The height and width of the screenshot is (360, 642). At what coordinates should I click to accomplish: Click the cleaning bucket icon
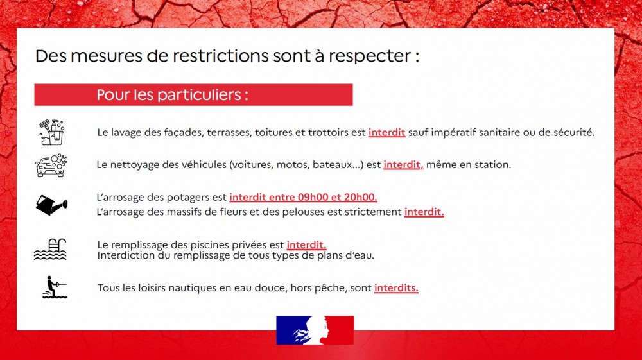pyautogui.click(x=51, y=132)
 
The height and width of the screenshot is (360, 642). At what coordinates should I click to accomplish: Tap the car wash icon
pyautogui.click(x=51, y=166)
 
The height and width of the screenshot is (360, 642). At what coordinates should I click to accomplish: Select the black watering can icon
pyautogui.click(x=51, y=205)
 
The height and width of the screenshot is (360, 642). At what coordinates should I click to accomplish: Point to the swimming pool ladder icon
pyautogui.click(x=50, y=249)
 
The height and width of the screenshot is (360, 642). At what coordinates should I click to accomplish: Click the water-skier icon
pyautogui.click(x=55, y=287)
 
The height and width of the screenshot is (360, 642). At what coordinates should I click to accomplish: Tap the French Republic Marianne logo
pyautogui.click(x=315, y=330)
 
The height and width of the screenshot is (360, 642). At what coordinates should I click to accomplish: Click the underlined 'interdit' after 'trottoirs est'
pyautogui.click(x=386, y=132)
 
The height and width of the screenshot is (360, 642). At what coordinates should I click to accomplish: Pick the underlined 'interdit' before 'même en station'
pyautogui.click(x=402, y=164)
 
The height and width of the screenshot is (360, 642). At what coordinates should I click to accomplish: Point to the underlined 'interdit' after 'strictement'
pyautogui.click(x=424, y=212)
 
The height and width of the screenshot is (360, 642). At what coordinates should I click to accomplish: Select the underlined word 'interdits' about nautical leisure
pyautogui.click(x=396, y=288)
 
